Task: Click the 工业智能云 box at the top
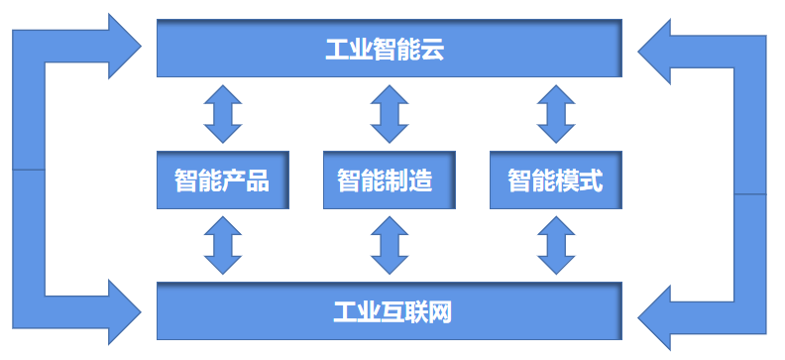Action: click(x=389, y=48)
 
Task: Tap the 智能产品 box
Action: click(x=222, y=180)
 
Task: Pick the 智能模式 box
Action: click(x=555, y=180)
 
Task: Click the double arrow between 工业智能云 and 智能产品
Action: click(x=222, y=114)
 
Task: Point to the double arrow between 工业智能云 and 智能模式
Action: click(x=555, y=114)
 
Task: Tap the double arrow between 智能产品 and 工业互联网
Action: click(x=222, y=245)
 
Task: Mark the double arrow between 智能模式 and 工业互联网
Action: click(x=555, y=245)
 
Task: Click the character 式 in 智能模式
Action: click(x=592, y=181)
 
